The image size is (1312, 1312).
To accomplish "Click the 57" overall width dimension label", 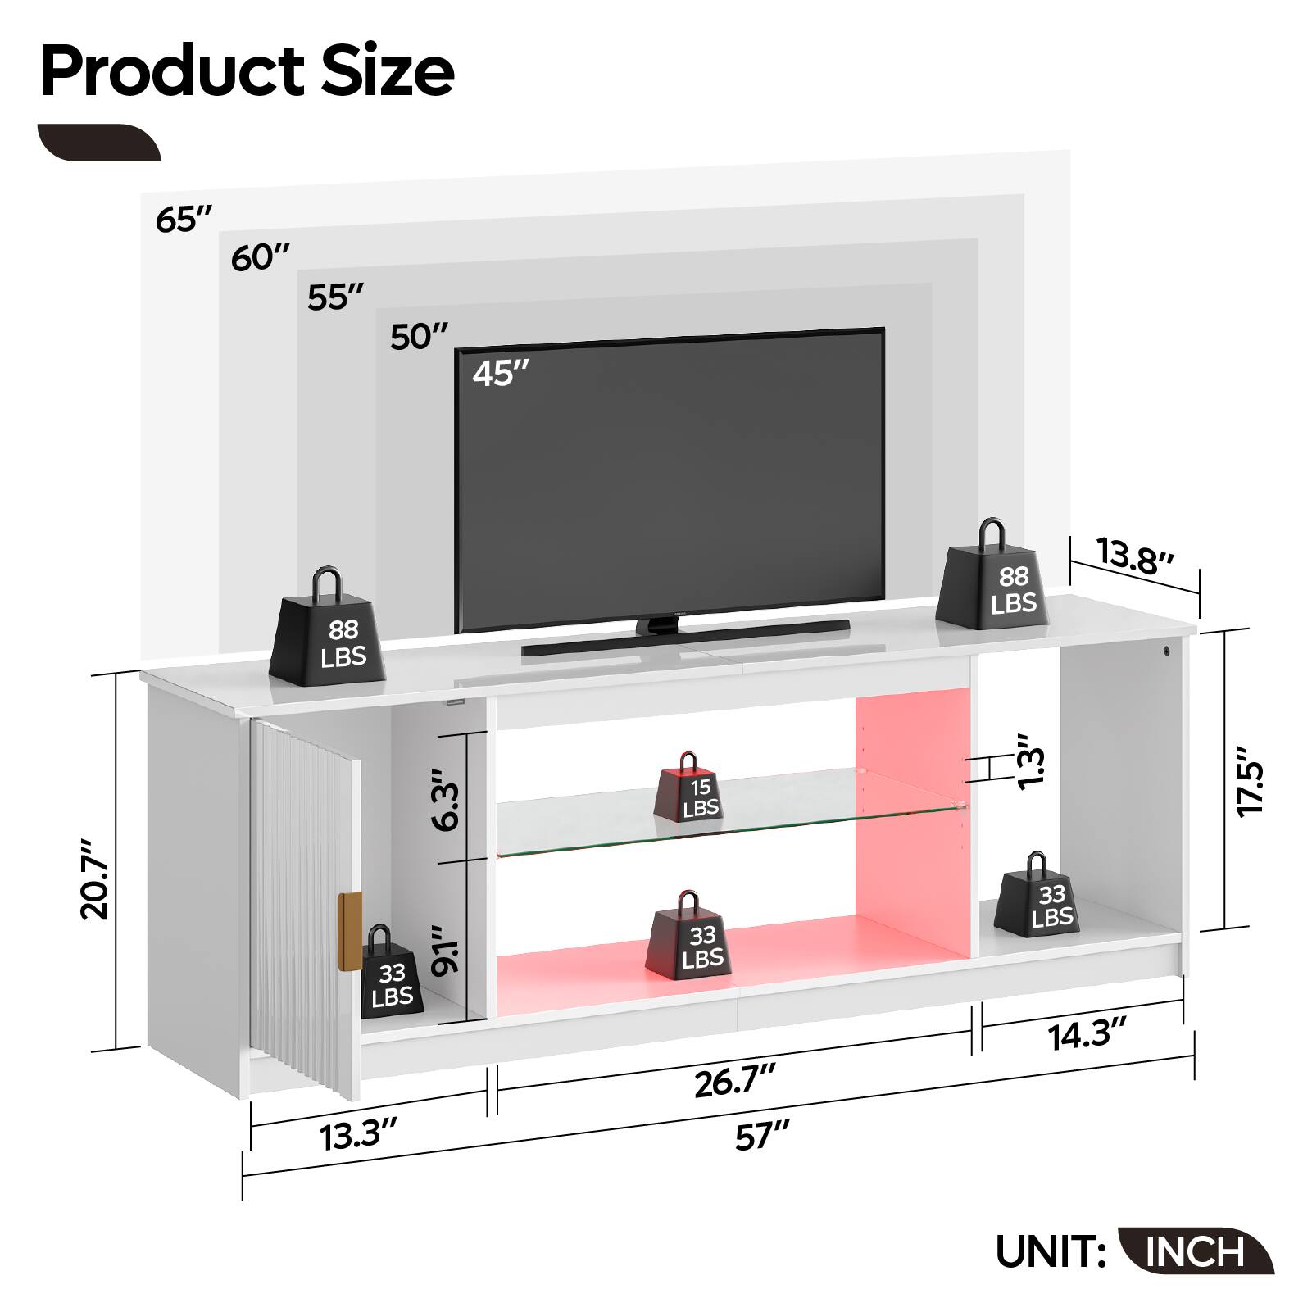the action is (761, 1137).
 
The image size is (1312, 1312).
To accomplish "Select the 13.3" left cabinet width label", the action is (360, 1137).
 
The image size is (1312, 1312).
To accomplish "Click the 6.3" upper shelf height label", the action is (447, 799).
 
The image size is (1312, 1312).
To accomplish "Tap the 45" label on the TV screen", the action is (501, 374).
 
